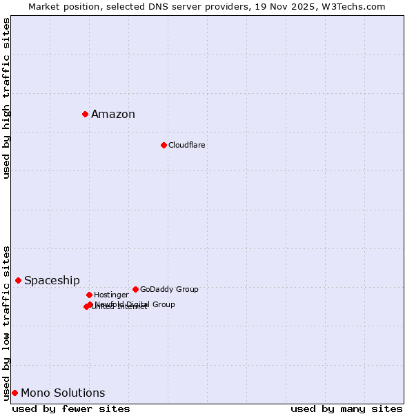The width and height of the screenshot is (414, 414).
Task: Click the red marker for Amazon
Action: pyautogui.click(x=85, y=114)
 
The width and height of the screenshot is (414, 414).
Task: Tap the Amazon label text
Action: pyautogui.click(x=113, y=115)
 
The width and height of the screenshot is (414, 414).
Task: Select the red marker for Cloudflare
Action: pyautogui.click(x=164, y=145)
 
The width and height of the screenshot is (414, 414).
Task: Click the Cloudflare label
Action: pyautogui.click(x=187, y=146)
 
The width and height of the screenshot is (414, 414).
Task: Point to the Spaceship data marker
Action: pyautogui.click(x=18, y=280)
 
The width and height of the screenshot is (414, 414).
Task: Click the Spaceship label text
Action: pyautogui.click(x=52, y=281)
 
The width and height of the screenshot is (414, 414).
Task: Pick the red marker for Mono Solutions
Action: pyautogui.click(x=14, y=393)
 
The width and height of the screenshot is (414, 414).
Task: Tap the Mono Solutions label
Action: pyautogui.click(x=63, y=393)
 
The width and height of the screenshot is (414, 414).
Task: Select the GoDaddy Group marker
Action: pyautogui.click(x=135, y=289)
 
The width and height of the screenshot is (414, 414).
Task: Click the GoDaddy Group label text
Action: pyautogui.click(x=169, y=290)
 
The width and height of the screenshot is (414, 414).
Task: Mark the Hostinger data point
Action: pyautogui.click(x=89, y=295)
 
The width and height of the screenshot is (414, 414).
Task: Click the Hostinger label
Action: pyautogui.click(x=111, y=295)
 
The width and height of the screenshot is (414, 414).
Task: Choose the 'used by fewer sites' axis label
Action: pyautogui.click(x=71, y=408)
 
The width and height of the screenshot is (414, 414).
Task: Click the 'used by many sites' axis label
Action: pyautogui.click(x=346, y=408)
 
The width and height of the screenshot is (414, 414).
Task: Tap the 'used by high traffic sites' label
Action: pyautogui.click(x=6, y=98)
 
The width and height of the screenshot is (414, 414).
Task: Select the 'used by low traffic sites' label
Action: pyautogui.click(x=6, y=323)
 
